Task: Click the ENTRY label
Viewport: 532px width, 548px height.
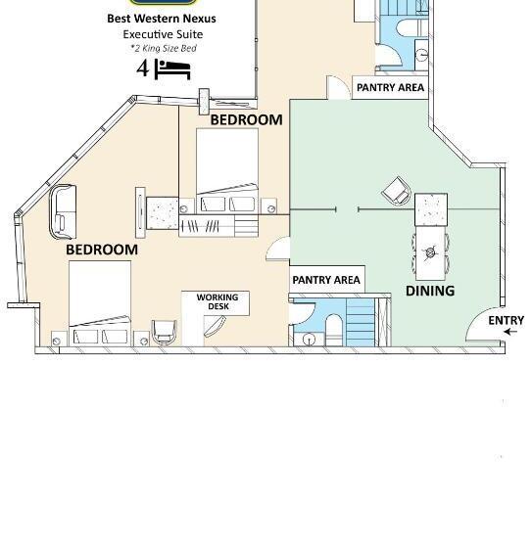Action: (x=507, y=320)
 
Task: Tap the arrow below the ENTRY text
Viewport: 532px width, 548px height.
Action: (x=510, y=332)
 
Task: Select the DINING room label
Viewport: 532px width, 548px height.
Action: (x=430, y=291)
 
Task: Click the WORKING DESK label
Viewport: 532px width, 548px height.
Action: (x=218, y=301)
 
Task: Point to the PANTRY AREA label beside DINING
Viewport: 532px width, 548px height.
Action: (x=326, y=280)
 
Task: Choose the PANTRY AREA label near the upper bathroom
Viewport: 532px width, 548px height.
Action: (x=390, y=87)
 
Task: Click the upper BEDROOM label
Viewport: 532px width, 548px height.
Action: (x=246, y=119)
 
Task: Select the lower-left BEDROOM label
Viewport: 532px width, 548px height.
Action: (x=102, y=250)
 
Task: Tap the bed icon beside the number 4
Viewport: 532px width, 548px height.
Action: (x=172, y=69)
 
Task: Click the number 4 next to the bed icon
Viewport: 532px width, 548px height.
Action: (x=142, y=68)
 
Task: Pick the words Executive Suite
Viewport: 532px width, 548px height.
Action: (x=163, y=34)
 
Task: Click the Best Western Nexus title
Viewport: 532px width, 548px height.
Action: (x=162, y=19)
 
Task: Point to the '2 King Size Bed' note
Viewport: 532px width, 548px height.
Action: (x=164, y=48)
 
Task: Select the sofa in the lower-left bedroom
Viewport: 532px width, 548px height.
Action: (x=63, y=211)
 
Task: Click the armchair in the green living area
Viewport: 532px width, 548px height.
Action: (x=397, y=191)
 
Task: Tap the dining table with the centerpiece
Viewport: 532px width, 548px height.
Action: (x=430, y=253)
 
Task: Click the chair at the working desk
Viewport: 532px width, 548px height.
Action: (x=165, y=332)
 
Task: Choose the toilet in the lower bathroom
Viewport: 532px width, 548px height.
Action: (x=333, y=330)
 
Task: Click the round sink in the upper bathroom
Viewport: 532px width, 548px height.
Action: (x=422, y=55)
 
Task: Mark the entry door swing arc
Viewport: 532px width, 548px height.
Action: (x=473, y=319)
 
